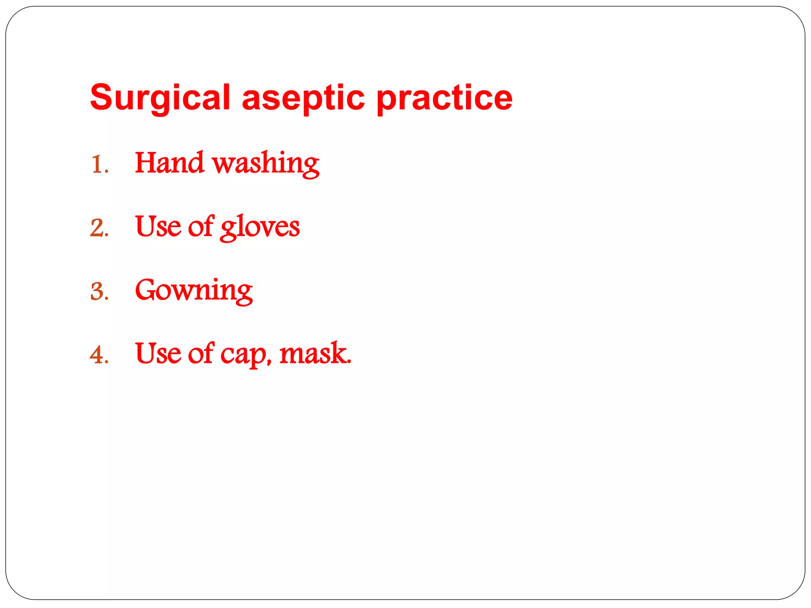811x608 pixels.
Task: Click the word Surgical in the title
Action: coord(160,98)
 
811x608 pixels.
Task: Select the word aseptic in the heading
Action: coord(303,98)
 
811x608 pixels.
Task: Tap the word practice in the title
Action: coord(444,98)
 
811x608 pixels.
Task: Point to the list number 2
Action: coord(97,228)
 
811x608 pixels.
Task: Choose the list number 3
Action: coord(97,292)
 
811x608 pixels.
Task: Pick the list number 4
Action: coord(97,355)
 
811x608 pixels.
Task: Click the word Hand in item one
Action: coord(169,163)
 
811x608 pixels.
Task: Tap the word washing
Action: coord(266,164)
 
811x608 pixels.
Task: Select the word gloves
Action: coord(260,227)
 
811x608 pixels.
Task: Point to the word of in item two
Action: coord(201,226)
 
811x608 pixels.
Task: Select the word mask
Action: coord(315,353)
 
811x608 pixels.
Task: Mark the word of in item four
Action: coord(201,353)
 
